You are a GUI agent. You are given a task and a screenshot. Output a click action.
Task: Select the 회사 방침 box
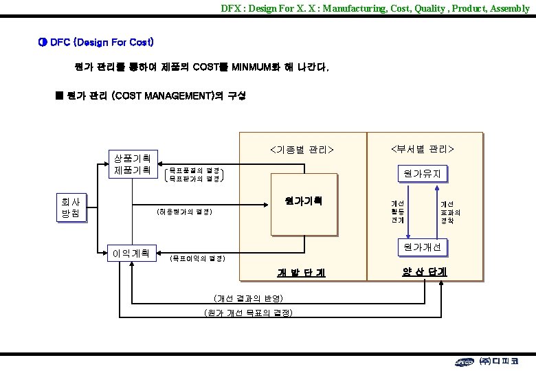[x=71, y=207]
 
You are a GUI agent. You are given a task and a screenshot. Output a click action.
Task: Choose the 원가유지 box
[x=422, y=174]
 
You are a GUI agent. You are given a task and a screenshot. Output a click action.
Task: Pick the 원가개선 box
[x=422, y=246]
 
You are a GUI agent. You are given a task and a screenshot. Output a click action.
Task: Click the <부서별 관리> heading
[x=423, y=149]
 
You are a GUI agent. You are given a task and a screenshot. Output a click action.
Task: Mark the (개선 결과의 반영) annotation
[x=248, y=297]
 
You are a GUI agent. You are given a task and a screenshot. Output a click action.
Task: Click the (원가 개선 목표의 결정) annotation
[x=248, y=313]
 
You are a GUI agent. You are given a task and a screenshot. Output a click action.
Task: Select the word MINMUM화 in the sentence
[x=260, y=68]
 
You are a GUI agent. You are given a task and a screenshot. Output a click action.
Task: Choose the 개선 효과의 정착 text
[x=450, y=212]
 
